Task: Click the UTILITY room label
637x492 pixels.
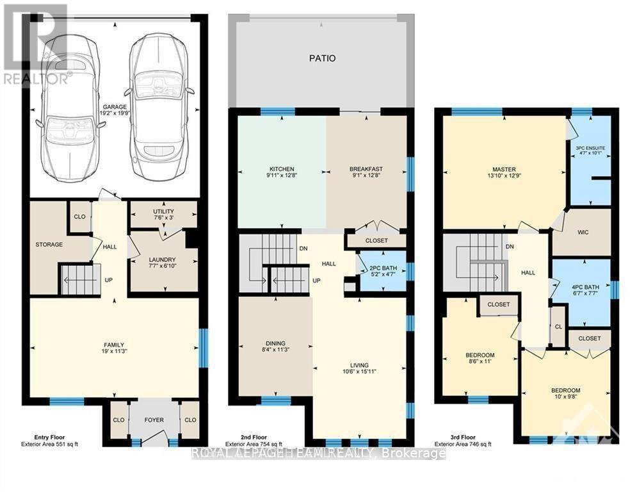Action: (163, 210)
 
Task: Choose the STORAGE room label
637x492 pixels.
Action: (49, 244)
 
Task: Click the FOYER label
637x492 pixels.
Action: (154, 420)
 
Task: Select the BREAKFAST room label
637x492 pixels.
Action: (367, 168)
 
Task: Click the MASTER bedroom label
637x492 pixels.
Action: (504, 168)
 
